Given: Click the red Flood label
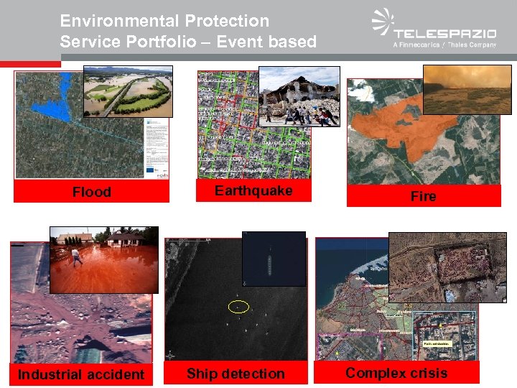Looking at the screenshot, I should [91, 192].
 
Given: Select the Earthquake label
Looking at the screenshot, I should [253, 190].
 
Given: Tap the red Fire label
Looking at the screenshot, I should [423, 196].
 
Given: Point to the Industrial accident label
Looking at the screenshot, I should [80, 374].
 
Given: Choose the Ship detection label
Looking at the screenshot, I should [236, 374].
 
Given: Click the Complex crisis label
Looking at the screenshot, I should [396, 372].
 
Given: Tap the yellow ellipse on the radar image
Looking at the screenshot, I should [238, 307].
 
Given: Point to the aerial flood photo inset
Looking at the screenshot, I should [128, 91].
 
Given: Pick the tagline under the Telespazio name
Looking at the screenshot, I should [444, 45].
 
